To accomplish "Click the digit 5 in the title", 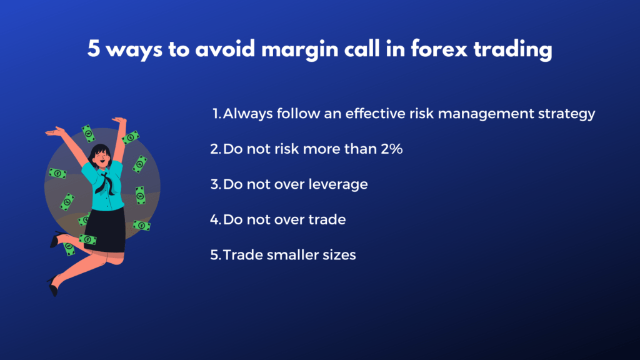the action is point(94,49).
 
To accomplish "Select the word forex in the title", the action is point(439,49).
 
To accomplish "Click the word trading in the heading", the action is point(512,50).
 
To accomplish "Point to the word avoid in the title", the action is point(225,49).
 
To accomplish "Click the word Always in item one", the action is point(247,114).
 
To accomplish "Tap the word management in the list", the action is point(486,114).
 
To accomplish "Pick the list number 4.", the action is point(215,220).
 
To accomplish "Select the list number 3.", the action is point(215,184).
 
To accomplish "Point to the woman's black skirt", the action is point(107,229).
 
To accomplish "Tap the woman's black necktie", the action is point(105,184).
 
